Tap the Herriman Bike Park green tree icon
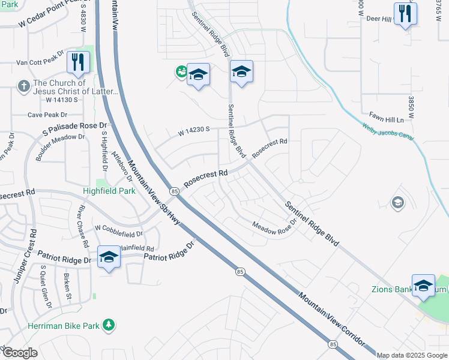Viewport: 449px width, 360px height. click(x=109, y=325)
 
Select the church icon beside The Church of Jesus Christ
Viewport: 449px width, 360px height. click(x=24, y=86)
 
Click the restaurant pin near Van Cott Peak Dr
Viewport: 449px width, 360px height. click(x=79, y=62)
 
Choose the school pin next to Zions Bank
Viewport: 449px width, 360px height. click(x=423, y=285)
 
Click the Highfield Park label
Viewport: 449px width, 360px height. click(x=109, y=191)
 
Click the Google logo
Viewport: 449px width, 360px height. click(x=20, y=353)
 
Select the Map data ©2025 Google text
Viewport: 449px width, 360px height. click(x=412, y=355)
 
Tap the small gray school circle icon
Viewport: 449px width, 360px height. click(x=397, y=203)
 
